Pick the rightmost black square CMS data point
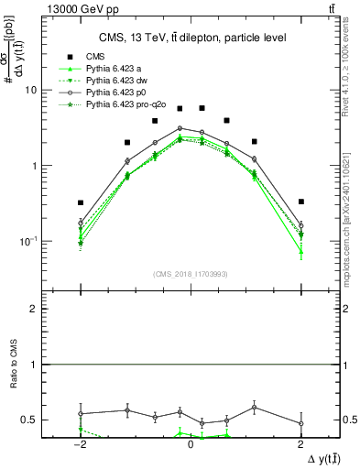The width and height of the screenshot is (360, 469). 300,202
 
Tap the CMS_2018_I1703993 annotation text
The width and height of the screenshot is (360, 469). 190,274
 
